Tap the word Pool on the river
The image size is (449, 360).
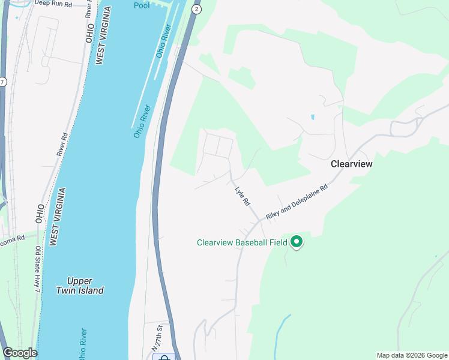tap(142, 5)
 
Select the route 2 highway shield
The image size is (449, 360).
tap(196, 10)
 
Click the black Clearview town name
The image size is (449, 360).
tap(352, 164)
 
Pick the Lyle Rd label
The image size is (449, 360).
tap(242, 195)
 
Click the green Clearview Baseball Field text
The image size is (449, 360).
tap(242, 243)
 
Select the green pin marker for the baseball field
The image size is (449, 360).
tap(296, 242)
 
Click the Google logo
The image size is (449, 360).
tap(20, 353)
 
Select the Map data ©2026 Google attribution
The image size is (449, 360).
tap(412, 355)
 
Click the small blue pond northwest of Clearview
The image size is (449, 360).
tap(312, 117)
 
